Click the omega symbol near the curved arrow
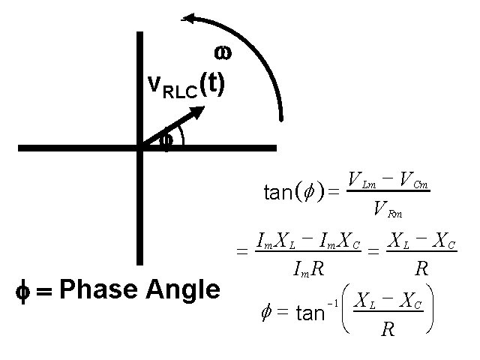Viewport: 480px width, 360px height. pyautogui.click(x=222, y=52)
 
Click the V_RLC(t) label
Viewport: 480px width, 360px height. pyautogui.click(x=184, y=85)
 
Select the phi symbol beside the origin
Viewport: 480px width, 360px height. pyautogui.click(x=167, y=139)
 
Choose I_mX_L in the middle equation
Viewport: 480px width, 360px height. pyautogui.click(x=275, y=241)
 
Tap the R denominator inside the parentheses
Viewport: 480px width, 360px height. pyautogui.click(x=387, y=328)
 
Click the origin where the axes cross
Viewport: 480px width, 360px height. pyautogui.click(x=139, y=148)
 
